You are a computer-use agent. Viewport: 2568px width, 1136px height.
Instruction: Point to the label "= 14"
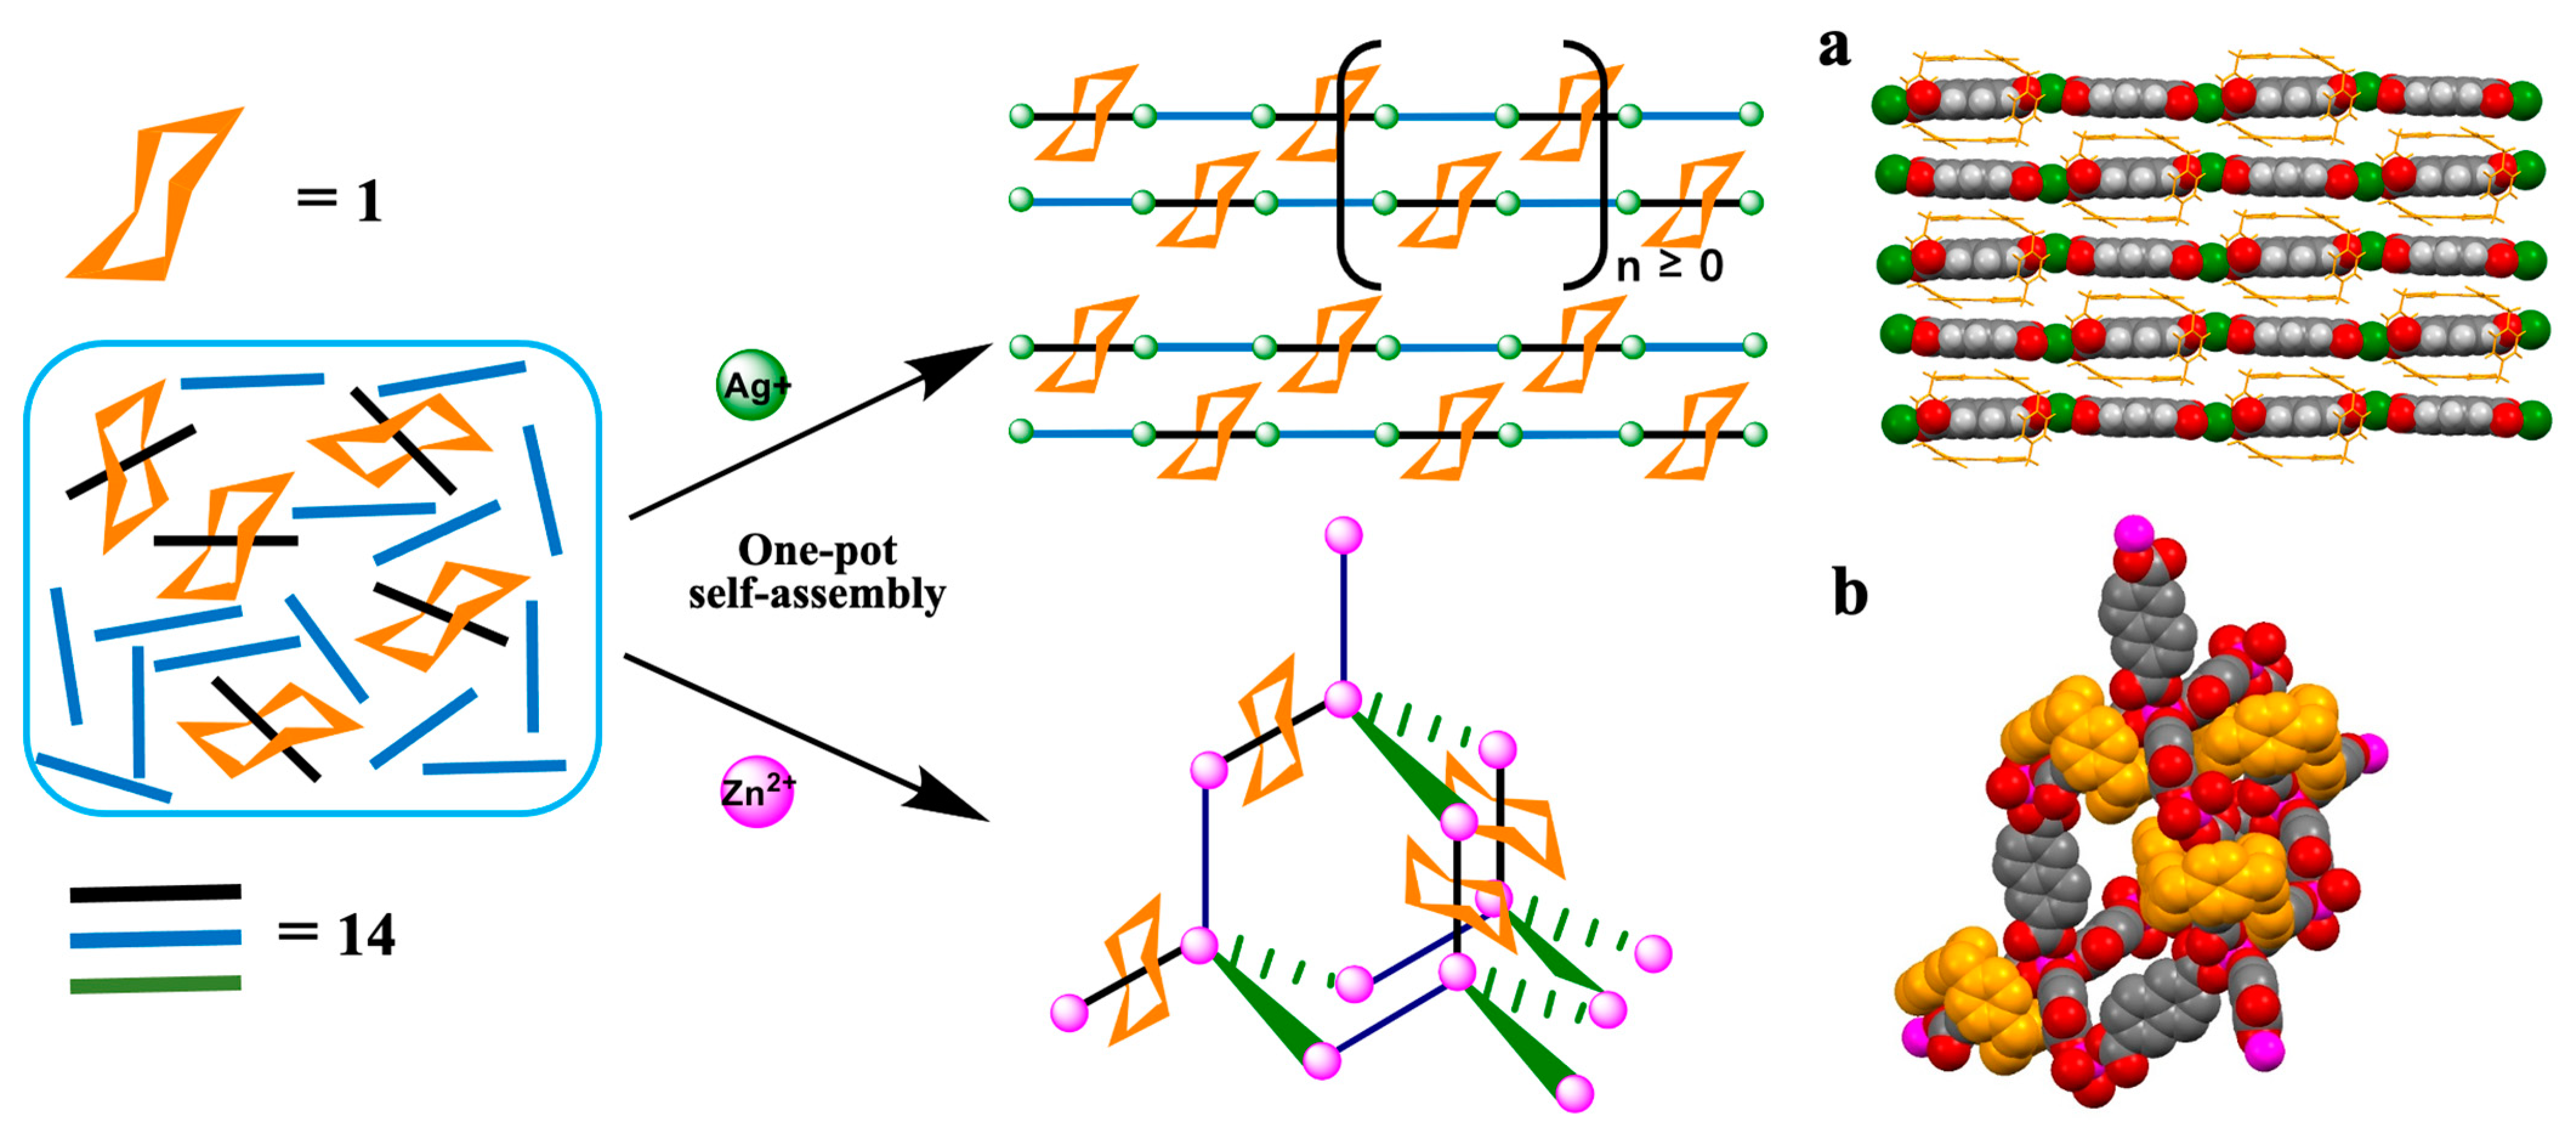(336, 934)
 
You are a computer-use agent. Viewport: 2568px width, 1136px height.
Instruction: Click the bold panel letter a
(1834, 48)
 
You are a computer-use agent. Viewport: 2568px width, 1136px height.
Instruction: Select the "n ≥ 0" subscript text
(1669, 267)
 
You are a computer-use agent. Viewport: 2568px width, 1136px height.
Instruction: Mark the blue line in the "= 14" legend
(155, 939)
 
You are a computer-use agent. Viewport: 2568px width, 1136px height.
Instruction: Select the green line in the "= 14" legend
(155, 984)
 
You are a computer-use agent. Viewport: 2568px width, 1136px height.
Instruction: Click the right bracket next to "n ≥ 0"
(1591, 165)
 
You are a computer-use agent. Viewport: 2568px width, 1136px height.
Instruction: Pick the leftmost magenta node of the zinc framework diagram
(1069, 1012)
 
